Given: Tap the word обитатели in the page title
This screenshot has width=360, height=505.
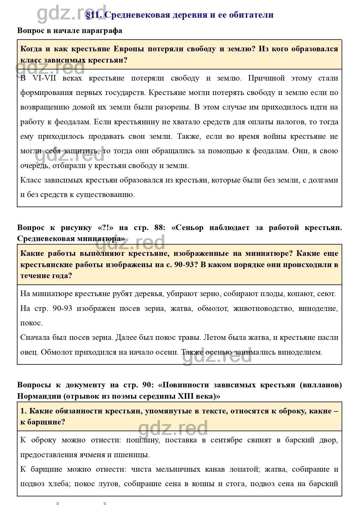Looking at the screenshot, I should (251, 15).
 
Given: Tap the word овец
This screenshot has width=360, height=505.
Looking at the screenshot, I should (29, 352).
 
